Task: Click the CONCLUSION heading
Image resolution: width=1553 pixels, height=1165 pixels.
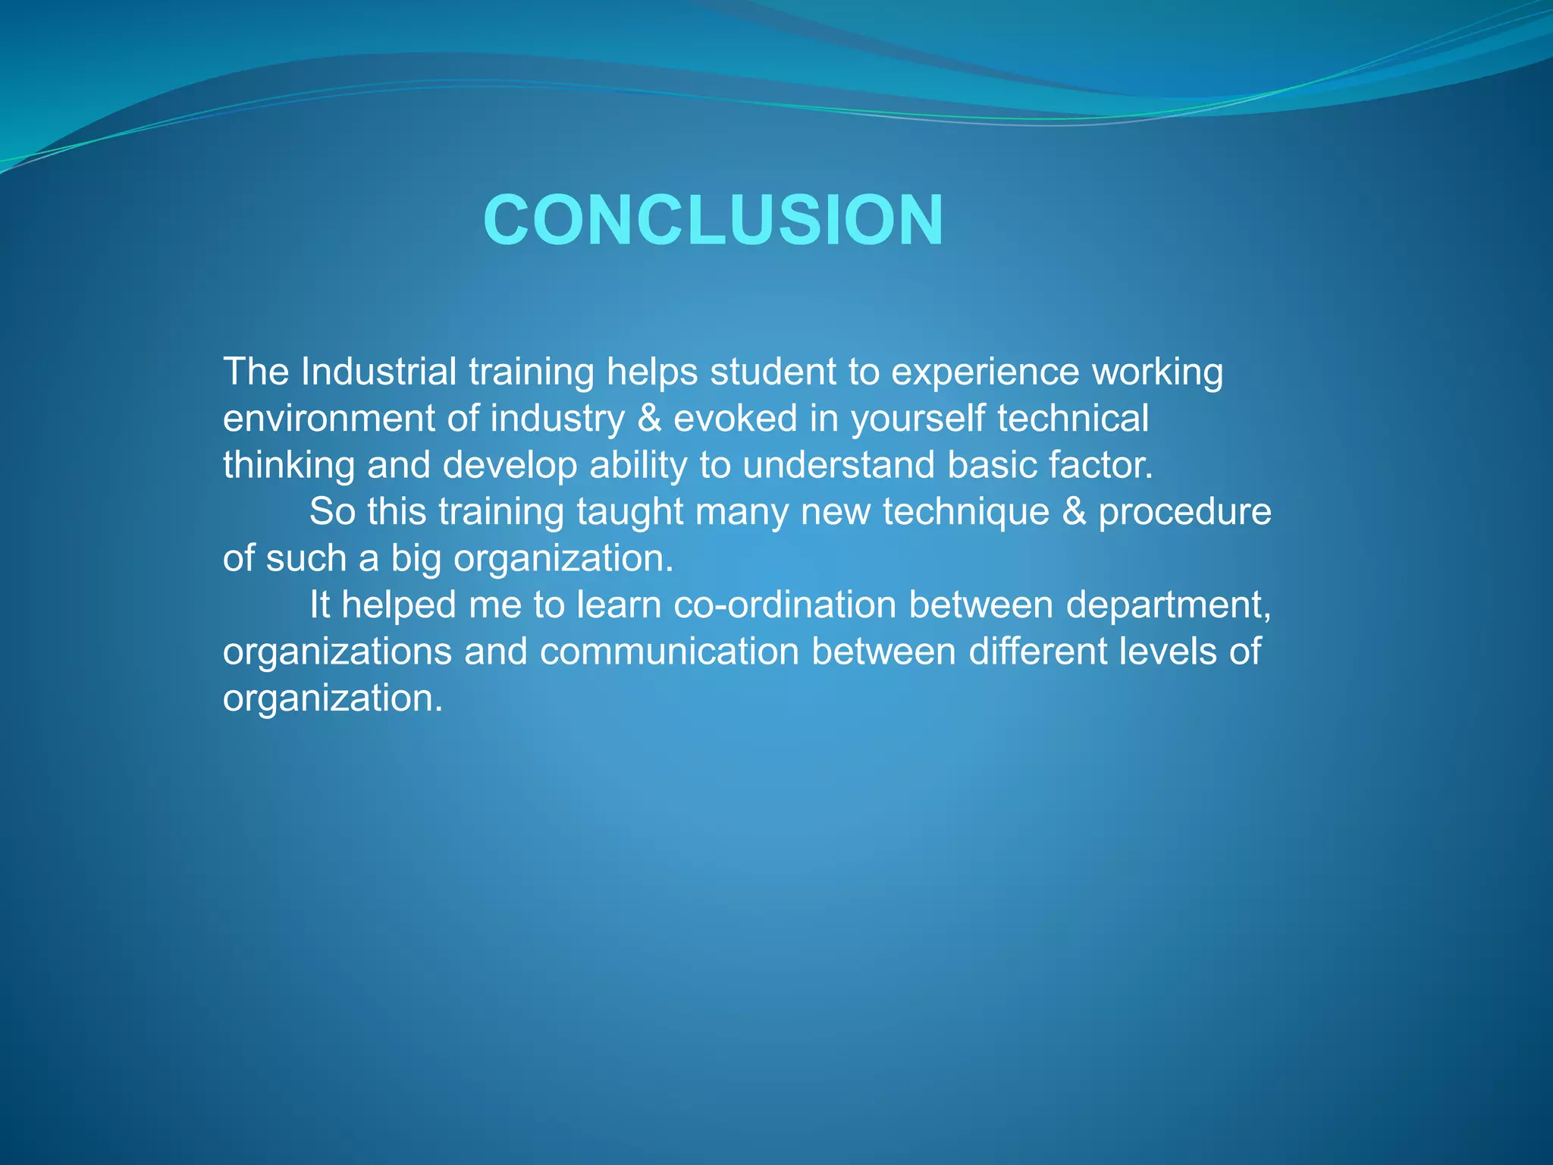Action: point(713,220)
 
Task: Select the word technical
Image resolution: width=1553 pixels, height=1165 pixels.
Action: point(1073,419)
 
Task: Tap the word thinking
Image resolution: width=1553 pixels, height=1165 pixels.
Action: point(289,466)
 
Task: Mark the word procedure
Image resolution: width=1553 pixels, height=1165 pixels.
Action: point(1184,513)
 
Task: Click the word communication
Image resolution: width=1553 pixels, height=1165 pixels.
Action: point(670,652)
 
